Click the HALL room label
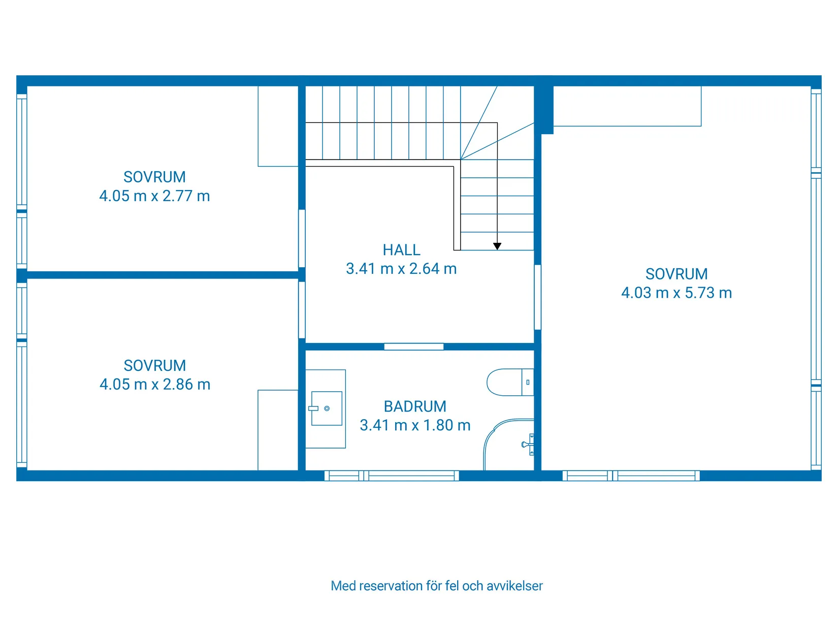[x=401, y=250]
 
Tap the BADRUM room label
[x=415, y=406]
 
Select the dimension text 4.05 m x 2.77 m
[x=154, y=196]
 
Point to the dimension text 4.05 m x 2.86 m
[x=155, y=385]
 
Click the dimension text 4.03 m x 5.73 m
[x=676, y=293]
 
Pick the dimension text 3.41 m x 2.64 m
[x=401, y=269]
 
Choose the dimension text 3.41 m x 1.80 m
[x=415, y=425]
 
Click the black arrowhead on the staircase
[x=497, y=246]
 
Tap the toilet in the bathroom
[x=509, y=382]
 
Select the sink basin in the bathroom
[x=326, y=408]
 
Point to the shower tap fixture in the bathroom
[x=528, y=445]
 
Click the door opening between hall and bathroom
[x=414, y=347]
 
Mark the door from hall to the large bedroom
[x=538, y=297]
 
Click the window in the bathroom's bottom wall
[x=392, y=476]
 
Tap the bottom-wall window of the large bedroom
[x=631, y=476]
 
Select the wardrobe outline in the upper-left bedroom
[x=278, y=126]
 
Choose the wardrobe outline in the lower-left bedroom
[x=278, y=430]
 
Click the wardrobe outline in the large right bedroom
[x=627, y=106]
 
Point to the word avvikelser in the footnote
[x=514, y=586]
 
